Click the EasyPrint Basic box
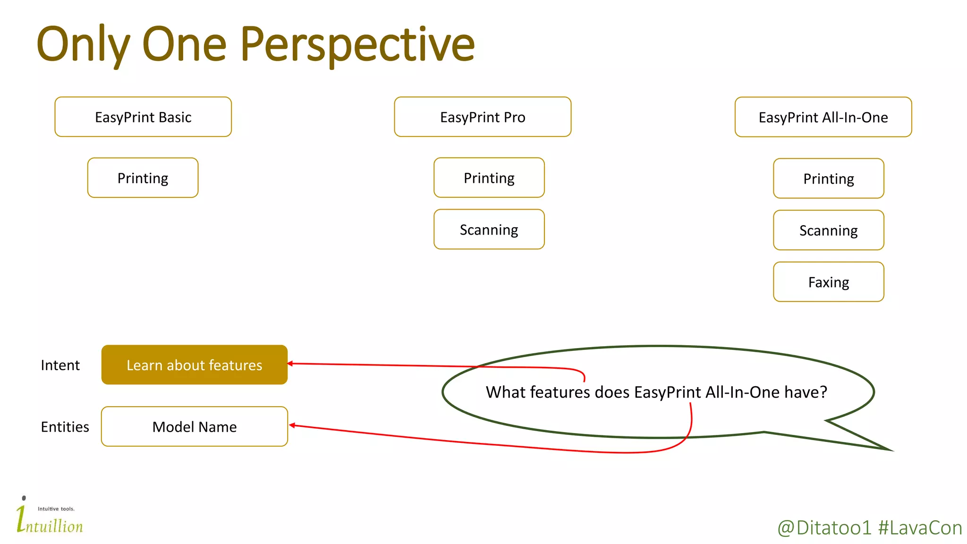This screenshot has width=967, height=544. click(143, 117)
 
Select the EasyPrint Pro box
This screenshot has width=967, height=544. click(483, 117)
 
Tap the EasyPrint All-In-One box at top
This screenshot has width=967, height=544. click(823, 117)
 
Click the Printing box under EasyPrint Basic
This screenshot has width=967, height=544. click(143, 178)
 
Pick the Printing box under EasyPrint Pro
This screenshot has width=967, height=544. click(489, 178)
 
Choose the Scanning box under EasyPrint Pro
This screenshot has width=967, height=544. click(489, 229)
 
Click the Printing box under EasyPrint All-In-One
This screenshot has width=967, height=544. click(828, 178)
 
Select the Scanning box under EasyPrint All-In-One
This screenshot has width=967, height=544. click(828, 230)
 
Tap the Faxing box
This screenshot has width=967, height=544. click(828, 282)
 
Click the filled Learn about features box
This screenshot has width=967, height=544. click(194, 365)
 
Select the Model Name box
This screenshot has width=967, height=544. click(194, 426)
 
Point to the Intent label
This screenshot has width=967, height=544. click(60, 365)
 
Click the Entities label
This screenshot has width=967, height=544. click(65, 427)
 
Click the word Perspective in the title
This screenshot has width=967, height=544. click(357, 45)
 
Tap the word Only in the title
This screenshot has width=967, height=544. click(83, 45)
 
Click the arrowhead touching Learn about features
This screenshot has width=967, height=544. click(290, 364)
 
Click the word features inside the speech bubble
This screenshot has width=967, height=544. click(560, 392)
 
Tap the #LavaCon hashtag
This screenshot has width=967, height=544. click(920, 527)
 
